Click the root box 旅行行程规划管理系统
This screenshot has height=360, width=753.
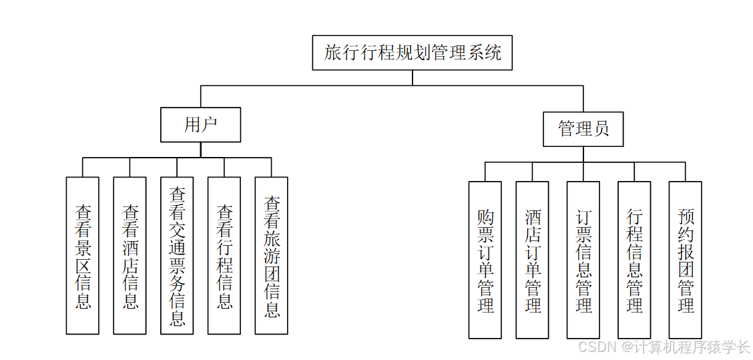(412, 53)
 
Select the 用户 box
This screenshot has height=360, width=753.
(200, 125)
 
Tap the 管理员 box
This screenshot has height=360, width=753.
(583, 129)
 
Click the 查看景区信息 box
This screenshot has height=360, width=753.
(83, 256)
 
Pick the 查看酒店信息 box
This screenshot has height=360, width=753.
(130, 256)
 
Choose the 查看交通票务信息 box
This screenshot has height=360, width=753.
(177, 256)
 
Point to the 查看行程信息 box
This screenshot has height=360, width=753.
(224, 256)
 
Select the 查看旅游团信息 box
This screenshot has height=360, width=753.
(272, 256)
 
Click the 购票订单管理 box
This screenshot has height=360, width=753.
(485, 260)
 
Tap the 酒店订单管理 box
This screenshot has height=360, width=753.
(533, 260)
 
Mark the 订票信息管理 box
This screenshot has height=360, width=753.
(583, 260)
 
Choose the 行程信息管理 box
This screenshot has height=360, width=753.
(634, 260)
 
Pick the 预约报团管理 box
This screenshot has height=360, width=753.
(686, 260)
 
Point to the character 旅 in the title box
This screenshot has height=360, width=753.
(332, 53)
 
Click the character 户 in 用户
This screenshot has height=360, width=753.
(210, 125)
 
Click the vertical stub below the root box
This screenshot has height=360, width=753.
(412, 77)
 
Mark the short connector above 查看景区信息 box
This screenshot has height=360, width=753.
(83, 167)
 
